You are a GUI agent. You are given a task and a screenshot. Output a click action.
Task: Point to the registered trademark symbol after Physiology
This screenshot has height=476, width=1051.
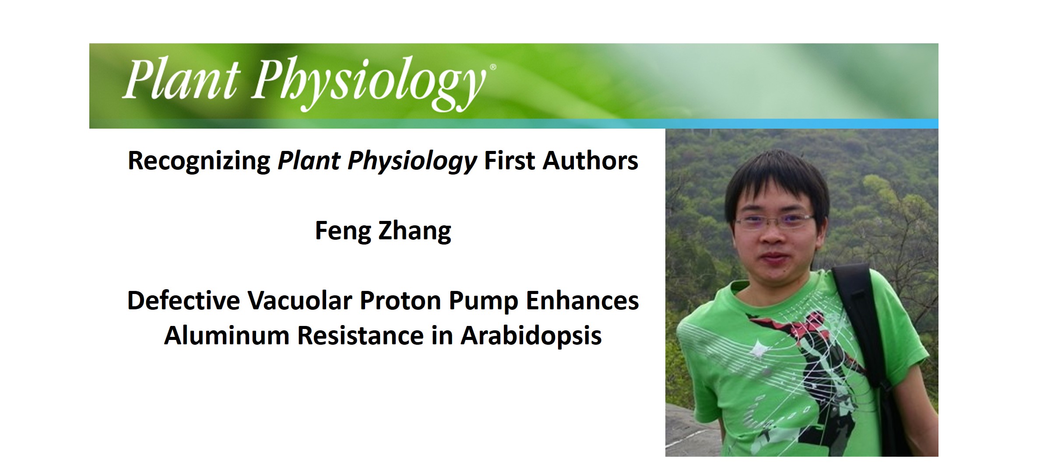tap(493, 67)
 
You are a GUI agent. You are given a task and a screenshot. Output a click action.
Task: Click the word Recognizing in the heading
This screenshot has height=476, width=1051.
tap(199, 161)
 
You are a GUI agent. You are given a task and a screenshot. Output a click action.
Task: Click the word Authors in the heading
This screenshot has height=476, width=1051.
tap(591, 161)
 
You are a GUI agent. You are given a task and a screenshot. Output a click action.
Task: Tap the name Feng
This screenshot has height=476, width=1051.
tap(343, 231)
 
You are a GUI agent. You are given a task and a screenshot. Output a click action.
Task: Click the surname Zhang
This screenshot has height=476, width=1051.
tap(415, 231)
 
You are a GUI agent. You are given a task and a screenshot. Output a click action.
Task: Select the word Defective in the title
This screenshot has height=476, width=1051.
tap(183, 301)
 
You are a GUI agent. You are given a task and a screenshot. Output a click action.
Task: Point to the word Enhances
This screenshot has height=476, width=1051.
tap(582, 301)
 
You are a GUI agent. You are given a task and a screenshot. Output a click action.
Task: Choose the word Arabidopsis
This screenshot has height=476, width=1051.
tap(531, 336)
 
